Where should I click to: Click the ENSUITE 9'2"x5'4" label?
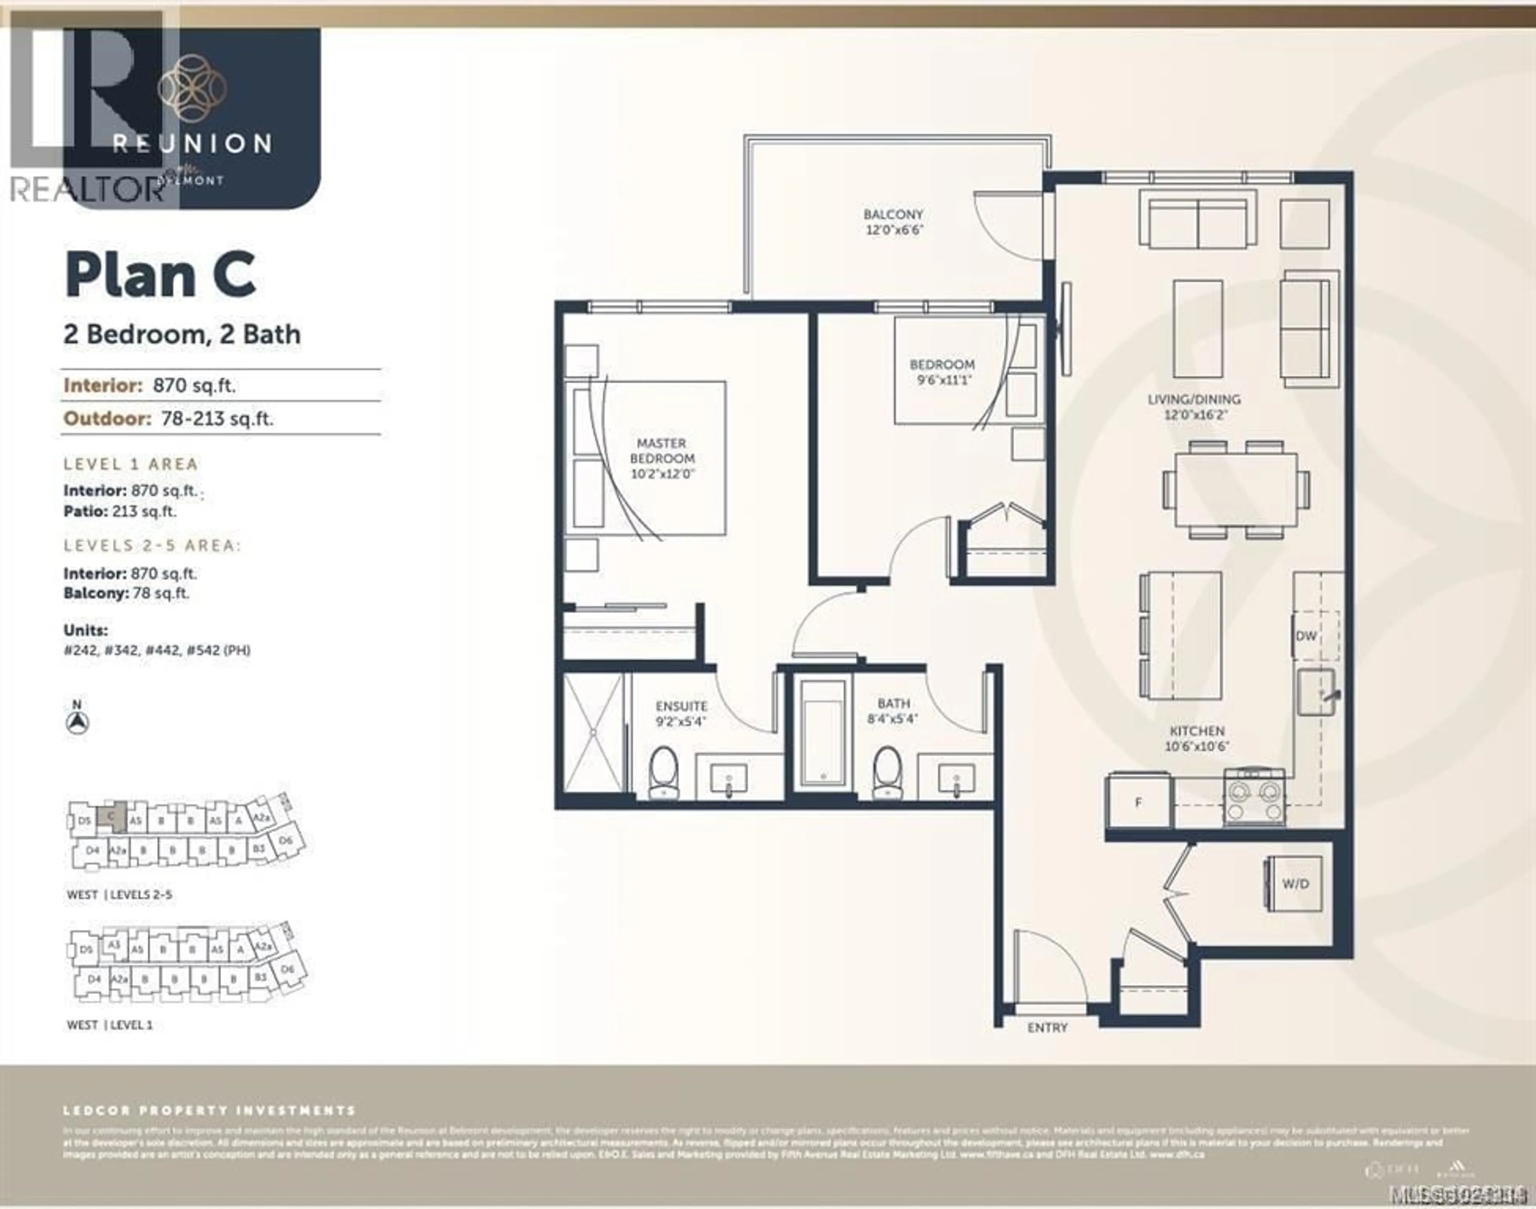[x=681, y=713]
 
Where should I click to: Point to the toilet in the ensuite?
[x=663, y=773]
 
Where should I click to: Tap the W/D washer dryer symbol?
[x=1295, y=884]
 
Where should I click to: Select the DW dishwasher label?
[x=1306, y=636]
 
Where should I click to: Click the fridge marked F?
[x=1138, y=803]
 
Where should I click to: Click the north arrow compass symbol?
[x=77, y=723]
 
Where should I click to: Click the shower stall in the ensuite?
[x=593, y=733]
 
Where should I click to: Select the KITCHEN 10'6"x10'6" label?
[x=1197, y=738]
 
